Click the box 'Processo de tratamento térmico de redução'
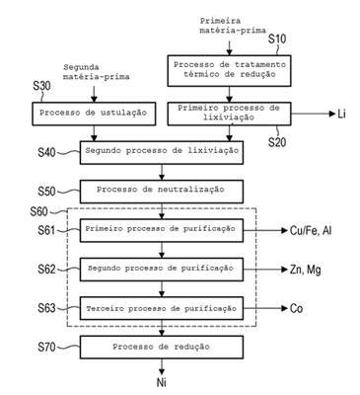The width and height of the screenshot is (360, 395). coord(229,71)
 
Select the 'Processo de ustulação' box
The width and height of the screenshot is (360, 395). coord(94,114)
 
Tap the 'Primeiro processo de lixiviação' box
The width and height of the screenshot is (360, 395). coord(229,114)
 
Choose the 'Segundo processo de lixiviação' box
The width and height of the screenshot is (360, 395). coord(162,152)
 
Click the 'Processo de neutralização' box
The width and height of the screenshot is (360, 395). coord(162,192)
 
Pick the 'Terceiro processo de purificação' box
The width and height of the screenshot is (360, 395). coord(162,308)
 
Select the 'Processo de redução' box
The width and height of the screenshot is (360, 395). coord(162,347)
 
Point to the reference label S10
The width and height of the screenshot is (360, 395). coord(277,39)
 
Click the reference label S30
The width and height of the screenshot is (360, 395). coord(41,86)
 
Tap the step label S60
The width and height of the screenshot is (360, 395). coord(38,211)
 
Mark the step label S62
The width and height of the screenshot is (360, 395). coord(46,270)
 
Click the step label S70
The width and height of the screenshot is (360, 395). coord(46,347)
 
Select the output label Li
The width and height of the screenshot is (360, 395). coord(341,115)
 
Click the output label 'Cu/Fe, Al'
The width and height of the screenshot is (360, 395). coord(311,231)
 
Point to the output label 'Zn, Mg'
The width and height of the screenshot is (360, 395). coord(306,270)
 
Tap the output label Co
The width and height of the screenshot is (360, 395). coord(296,308)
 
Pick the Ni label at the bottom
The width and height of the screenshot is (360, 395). coord(161,382)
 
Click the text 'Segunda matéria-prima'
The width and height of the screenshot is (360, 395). coord(97,72)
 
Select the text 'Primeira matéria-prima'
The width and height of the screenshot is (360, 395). coord(233,26)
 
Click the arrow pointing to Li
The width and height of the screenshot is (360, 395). coord(313,114)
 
